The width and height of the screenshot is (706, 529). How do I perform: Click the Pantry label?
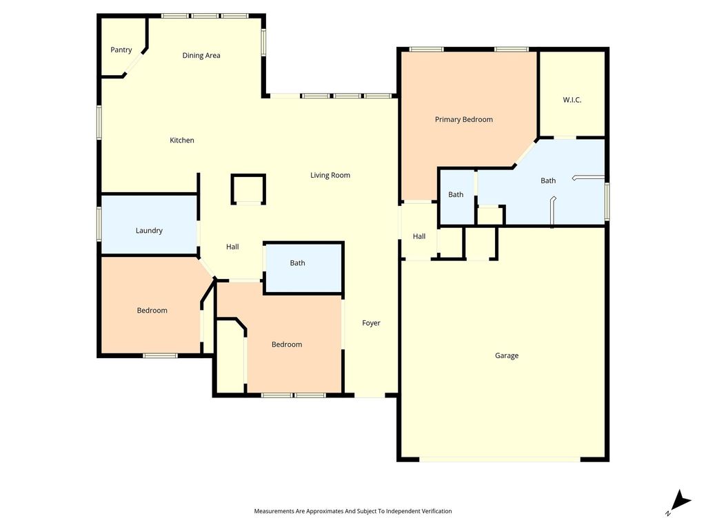121,50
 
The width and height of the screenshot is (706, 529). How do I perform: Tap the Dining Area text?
201,55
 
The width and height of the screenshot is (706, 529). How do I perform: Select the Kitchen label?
182,141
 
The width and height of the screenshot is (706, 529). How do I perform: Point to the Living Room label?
330,176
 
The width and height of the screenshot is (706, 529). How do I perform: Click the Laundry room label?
149,231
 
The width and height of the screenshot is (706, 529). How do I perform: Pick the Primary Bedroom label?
464,120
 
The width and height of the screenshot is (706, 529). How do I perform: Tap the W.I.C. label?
572,100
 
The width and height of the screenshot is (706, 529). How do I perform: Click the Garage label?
507,356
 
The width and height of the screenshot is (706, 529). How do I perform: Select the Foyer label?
371,323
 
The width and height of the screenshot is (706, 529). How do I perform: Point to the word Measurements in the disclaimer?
274,511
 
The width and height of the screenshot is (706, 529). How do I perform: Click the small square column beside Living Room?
248,189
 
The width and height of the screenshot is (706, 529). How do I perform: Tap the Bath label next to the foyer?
297,263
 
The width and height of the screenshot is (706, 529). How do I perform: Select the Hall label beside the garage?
419,236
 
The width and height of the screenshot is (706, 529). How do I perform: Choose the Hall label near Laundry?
232,247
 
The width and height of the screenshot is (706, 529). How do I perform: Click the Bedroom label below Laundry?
152,311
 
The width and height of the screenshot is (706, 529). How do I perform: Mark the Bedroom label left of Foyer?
287,344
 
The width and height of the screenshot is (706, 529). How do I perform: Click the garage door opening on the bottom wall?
500,459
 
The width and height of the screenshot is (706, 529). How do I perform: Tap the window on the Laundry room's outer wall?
99,224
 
